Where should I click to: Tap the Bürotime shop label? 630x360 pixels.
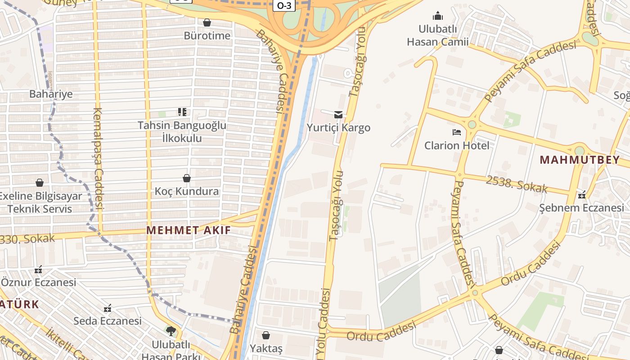[207, 36]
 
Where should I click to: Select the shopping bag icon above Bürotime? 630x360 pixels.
[207, 22]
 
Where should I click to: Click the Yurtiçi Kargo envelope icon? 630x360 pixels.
[338, 115]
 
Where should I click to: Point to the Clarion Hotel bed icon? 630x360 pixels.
[457, 132]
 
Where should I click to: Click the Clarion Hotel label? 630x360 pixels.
[457, 145]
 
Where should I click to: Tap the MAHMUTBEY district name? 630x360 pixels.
[580, 160]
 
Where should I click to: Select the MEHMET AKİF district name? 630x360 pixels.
[189, 230]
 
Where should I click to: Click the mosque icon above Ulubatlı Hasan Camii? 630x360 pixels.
[438, 16]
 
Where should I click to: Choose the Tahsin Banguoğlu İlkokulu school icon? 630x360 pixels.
[182, 112]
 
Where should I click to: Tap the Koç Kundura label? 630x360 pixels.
[187, 191]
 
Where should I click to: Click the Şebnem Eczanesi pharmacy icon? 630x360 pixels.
[582, 195]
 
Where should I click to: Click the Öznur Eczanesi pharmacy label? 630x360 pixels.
[39, 283]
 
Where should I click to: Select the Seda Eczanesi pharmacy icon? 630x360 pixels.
[108, 308]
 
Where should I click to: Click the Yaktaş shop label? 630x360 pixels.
[266, 348]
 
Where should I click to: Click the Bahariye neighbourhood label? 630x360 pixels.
[51, 94]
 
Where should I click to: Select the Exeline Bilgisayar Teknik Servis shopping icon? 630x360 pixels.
[40, 183]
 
